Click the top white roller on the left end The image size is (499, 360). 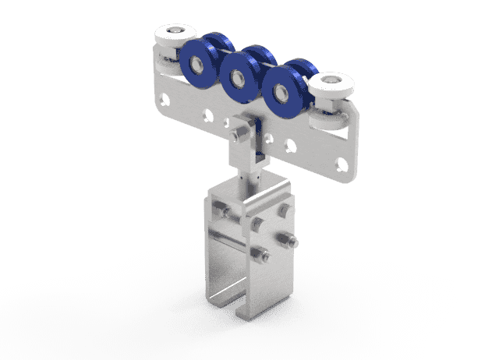(172, 36)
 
